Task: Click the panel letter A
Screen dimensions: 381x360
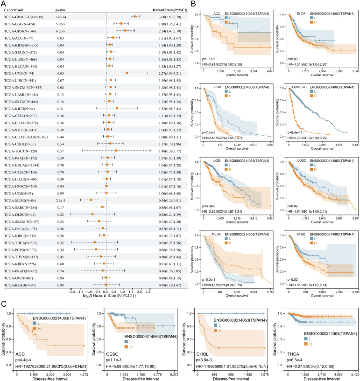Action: coord(3,3)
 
